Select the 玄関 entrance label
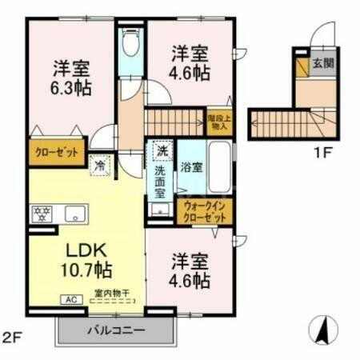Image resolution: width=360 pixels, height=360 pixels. (323, 62)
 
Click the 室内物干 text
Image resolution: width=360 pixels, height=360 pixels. (110, 293)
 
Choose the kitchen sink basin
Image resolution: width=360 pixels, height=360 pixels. (76, 214)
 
